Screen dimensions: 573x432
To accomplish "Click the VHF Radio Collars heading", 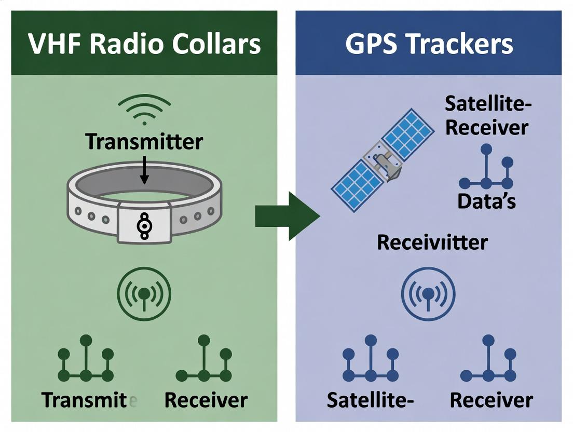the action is click(144, 44).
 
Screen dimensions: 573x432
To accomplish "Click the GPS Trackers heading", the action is click(429, 44).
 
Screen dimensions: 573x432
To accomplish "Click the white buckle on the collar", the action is click(144, 223).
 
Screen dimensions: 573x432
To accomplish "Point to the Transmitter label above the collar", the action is click(144, 141).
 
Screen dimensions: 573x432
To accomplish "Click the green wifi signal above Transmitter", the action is click(144, 110).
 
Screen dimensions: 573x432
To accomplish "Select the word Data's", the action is click(486, 201).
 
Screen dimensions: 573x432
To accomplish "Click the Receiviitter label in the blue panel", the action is click(432, 242).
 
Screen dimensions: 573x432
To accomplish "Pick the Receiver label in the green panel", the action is click(206, 400).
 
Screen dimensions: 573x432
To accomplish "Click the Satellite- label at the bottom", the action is click(370, 400).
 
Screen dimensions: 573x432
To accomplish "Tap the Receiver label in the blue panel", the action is click(491, 400).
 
